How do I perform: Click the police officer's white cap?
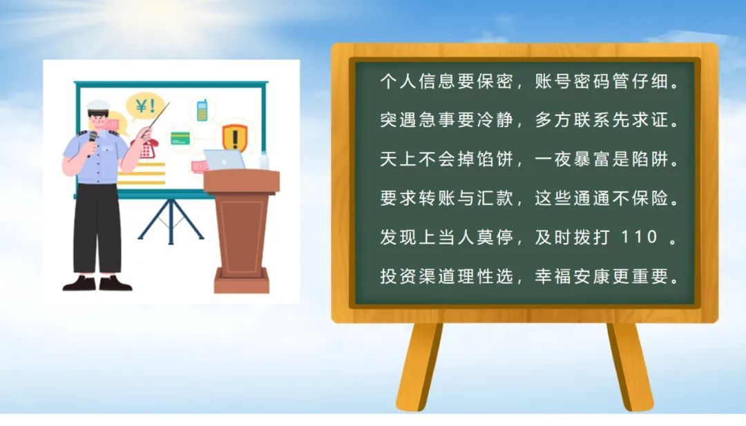[x=98, y=106]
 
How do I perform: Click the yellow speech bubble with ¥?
[x=145, y=106]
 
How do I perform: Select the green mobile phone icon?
[x=202, y=110]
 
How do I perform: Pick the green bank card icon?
[x=180, y=138]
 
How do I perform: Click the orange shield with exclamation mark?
[x=235, y=138]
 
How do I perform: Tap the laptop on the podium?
[x=224, y=159]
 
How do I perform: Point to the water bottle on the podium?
[x=264, y=161]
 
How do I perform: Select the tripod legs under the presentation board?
[x=171, y=222]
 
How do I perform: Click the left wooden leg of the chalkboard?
[x=419, y=367]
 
